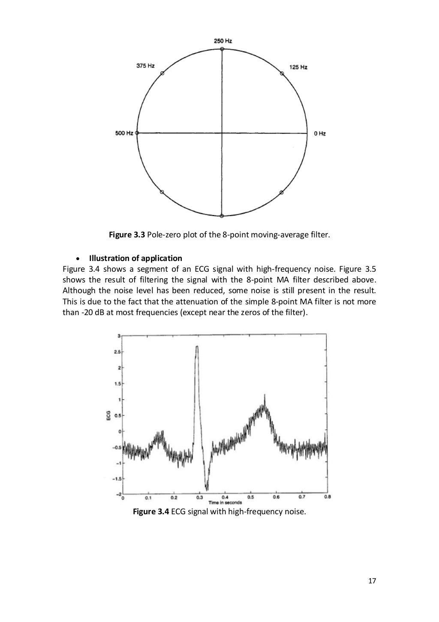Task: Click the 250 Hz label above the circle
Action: [223, 41]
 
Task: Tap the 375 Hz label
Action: [145, 67]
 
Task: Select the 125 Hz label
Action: [298, 67]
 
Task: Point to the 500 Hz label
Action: [124, 134]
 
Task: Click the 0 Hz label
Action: [320, 134]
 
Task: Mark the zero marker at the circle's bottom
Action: [222, 216]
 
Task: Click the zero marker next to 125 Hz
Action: [282, 74]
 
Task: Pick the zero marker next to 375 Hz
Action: [162, 74]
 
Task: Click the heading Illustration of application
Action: [135, 258]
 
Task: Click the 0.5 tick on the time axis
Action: [251, 498]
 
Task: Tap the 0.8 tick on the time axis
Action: [327, 498]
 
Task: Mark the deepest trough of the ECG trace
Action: [207, 489]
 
